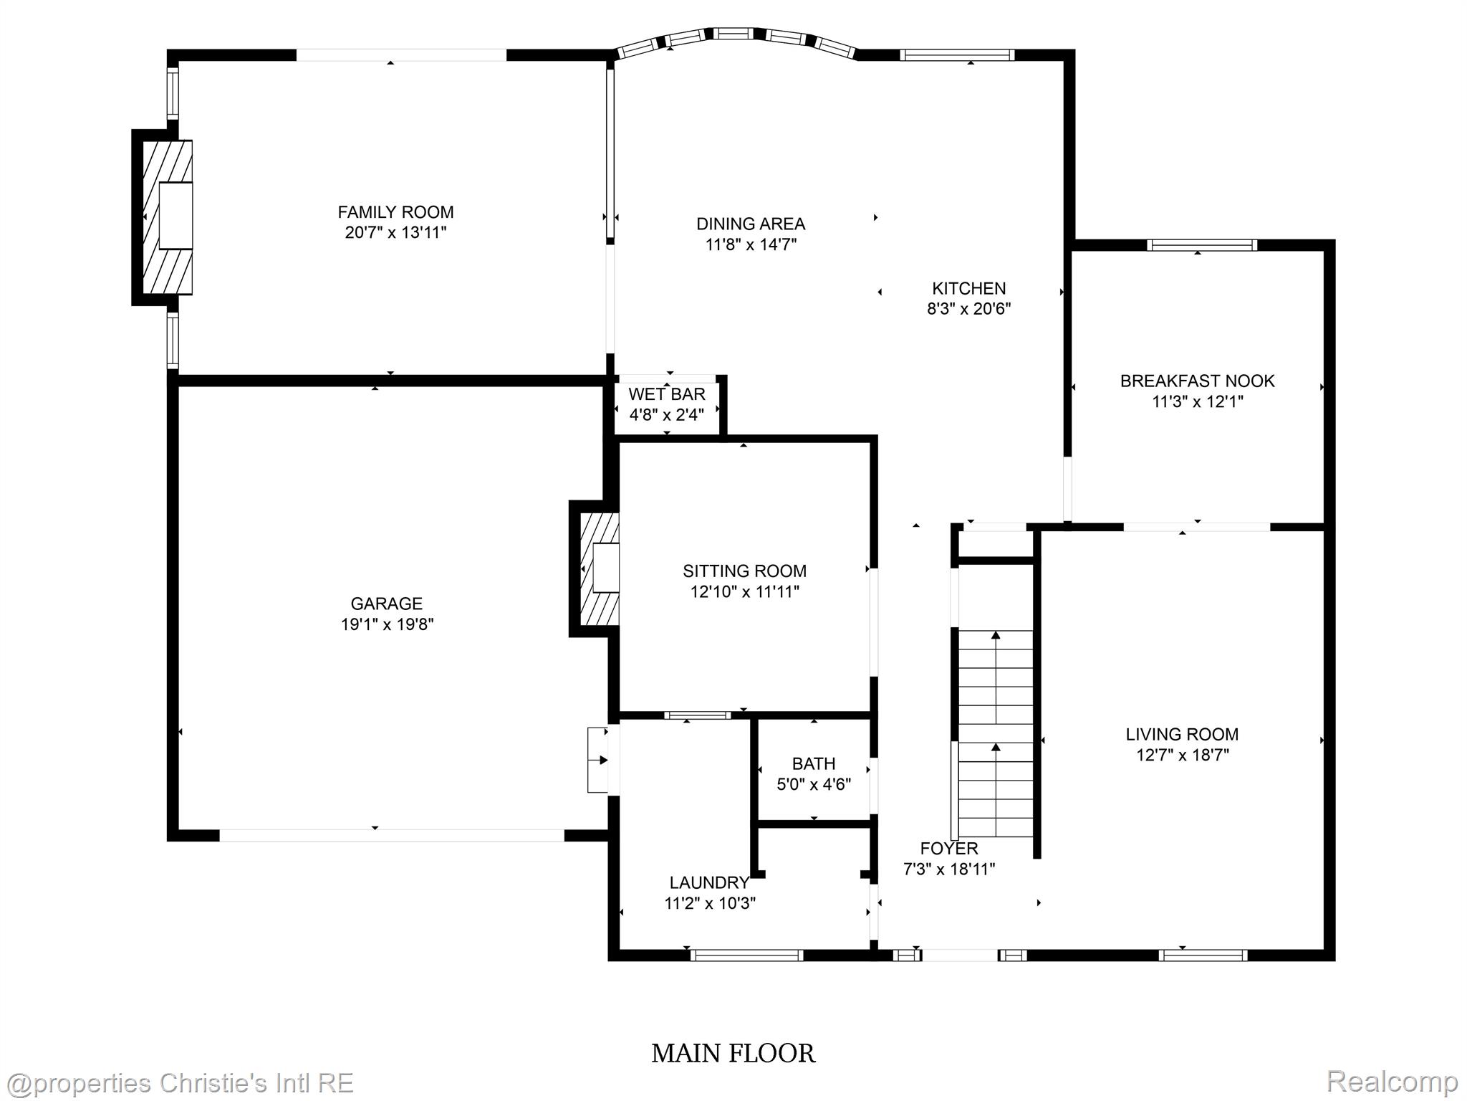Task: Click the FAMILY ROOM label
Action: [x=395, y=212]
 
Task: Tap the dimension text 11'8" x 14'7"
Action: [x=751, y=244]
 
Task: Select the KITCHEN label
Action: [x=968, y=288]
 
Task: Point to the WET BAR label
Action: [x=666, y=394]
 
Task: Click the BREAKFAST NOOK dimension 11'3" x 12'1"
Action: [x=1197, y=401]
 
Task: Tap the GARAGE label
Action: [x=386, y=604]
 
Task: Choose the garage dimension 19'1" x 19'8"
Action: [x=387, y=624]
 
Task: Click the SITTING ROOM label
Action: [x=744, y=571]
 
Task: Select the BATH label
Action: [x=814, y=763]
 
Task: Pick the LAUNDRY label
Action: [x=709, y=882]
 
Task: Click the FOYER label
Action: [x=948, y=849]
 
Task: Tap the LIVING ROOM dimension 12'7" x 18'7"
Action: [x=1182, y=755]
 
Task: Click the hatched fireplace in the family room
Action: [x=168, y=216]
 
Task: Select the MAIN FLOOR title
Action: [x=733, y=1053]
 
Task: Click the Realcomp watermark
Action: [x=1392, y=1081]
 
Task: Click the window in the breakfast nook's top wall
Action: [x=1202, y=245]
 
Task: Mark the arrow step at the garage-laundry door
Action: [x=597, y=760]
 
